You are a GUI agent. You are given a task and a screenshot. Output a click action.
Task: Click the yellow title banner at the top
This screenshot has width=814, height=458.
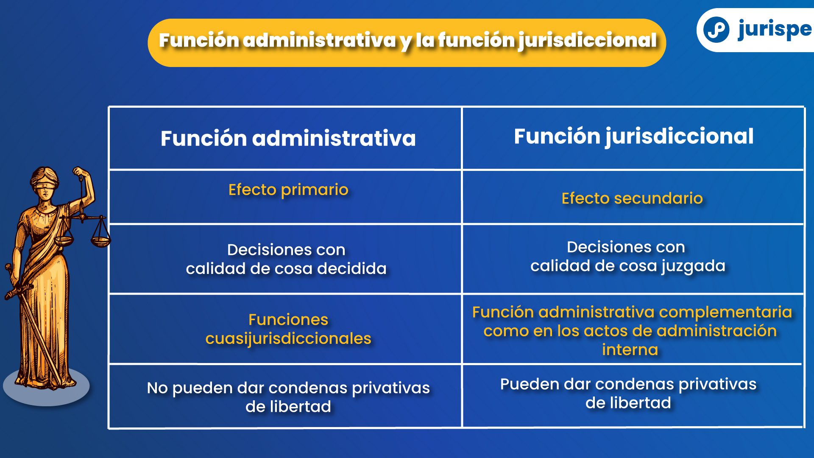click(407, 42)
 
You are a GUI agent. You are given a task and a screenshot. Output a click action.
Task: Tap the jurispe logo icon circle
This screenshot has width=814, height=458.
click(716, 30)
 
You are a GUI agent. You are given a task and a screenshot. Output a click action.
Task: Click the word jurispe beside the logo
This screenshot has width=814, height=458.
click(775, 30)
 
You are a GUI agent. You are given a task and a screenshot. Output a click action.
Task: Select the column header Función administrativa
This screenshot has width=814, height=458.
click(288, 138)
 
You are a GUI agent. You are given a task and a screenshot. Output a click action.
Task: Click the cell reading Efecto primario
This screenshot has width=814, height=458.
click(288, 190)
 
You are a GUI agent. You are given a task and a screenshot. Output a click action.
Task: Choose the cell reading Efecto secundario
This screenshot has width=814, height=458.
click(632, 198)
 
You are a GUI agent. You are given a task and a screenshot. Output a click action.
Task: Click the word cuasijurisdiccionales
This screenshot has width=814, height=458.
click(288, 339)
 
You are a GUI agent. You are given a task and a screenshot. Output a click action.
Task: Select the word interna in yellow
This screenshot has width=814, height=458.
click(630, 350)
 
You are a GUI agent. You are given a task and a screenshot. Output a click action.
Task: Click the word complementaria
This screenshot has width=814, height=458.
click(725, 313)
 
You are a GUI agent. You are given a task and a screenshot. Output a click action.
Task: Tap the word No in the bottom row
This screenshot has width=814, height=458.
click(157, 388)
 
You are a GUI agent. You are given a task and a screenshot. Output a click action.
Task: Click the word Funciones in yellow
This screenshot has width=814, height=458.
click(288, 320)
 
